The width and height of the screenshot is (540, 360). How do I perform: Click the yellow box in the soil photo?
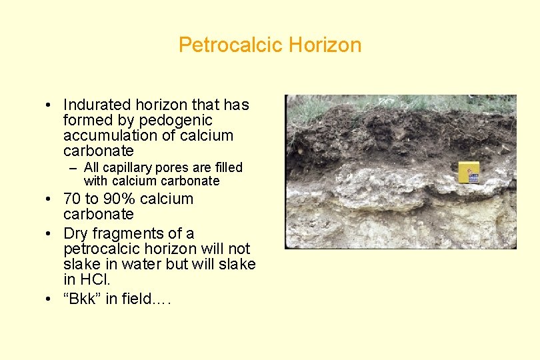coord(469,172)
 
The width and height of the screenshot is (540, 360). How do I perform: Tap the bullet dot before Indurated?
coord(50,105)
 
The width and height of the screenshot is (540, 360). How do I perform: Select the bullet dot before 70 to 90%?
coord(50,199)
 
